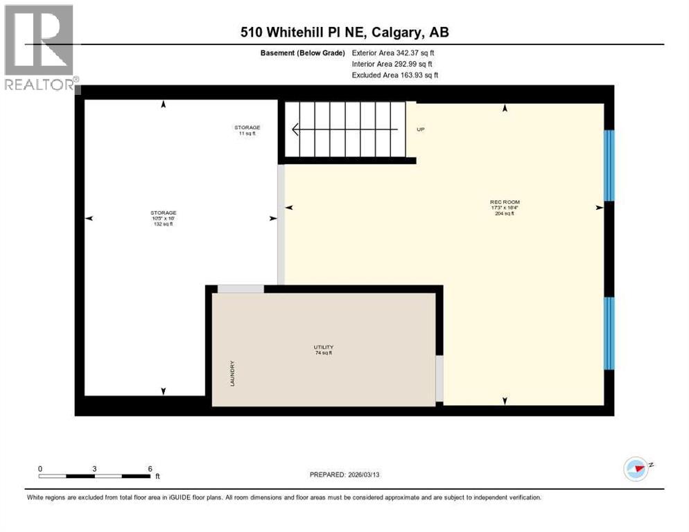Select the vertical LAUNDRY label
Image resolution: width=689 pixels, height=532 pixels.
233,373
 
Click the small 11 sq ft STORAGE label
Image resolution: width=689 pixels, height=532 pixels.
247,130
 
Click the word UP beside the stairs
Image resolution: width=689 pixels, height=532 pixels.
420,130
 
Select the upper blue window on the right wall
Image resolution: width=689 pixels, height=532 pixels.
609,165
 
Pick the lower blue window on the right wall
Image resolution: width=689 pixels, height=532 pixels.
609,333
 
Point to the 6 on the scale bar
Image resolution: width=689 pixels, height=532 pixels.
150,468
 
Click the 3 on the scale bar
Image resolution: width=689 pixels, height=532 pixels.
94,468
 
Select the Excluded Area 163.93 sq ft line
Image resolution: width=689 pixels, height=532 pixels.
395,75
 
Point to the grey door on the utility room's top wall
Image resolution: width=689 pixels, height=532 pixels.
241,289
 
